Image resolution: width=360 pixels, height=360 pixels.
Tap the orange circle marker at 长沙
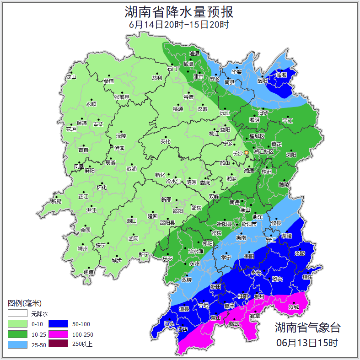pyautogui.click(x=247, y=152)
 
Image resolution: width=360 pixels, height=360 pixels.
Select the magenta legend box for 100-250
pyautogui.click(x=58, y=334)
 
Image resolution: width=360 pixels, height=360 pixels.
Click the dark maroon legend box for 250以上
pyautogui.click(x=58, y=344)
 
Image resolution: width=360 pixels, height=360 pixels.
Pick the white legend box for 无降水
pyautogui.click(x=17, y=314)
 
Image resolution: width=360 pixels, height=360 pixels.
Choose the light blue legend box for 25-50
pyautogui.click(x=17, y=344)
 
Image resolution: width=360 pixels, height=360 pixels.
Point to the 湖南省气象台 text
pyautogui.click(x=307, y=328)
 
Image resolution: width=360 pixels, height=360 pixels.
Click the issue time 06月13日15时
pyautogui.click(x=307, y=342)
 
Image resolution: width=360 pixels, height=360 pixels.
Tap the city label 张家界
pyautogui.click(x=122, y=97)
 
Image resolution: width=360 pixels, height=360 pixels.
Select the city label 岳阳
pyautogui.click(x=262, y=81)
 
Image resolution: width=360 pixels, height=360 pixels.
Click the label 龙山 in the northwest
pyautogui.click(x=71, y=77)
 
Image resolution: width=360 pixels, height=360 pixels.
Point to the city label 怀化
pyautogui.click(x=101, y=188)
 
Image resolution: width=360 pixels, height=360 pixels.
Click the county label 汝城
pyautogui.click(x=294, y=307)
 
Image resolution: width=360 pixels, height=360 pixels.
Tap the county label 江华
pyautogui.click(x=183, y=329)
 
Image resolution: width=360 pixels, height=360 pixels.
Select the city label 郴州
pyautogui.click(x=259, y=296)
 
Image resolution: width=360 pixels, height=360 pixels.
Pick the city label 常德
pyautogui.click(x=188, y=97)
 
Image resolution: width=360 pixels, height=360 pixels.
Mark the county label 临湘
pyautogui.click(x=282, y=75)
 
